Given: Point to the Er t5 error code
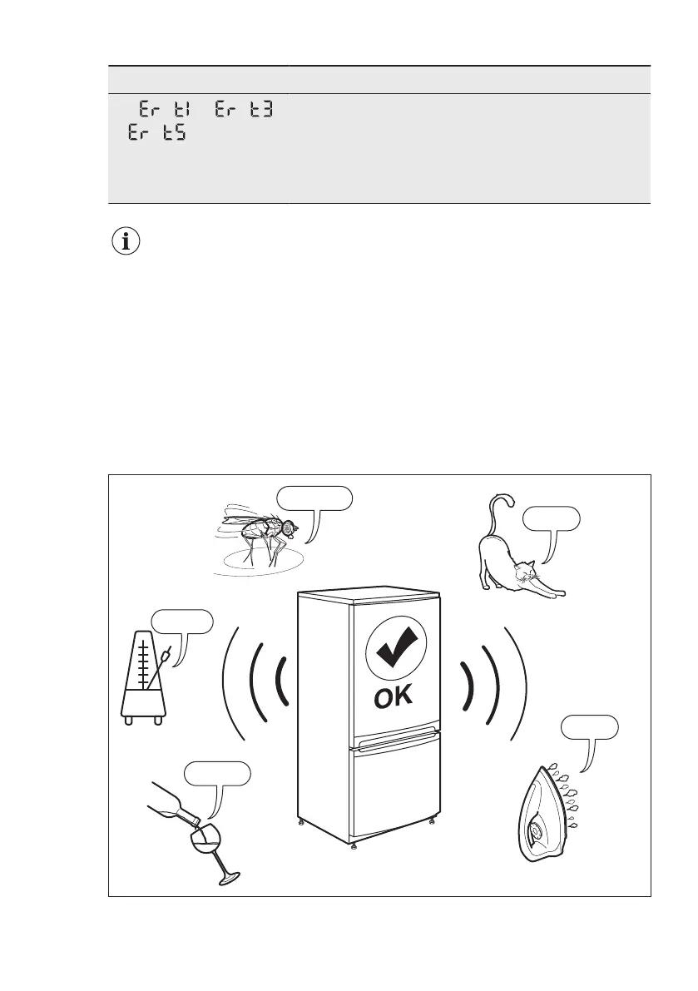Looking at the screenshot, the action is click(156, 133).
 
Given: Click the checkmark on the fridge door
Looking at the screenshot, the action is click(395, 650).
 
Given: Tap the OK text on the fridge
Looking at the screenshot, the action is click(394, 697).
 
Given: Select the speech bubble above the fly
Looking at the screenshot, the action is click(314, 498).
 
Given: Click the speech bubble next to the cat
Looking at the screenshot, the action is click(551, 518).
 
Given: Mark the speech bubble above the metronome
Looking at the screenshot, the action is click(181, 621).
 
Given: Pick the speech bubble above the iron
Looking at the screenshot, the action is click(589, 726).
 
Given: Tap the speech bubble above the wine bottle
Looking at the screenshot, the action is click(216, 773).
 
